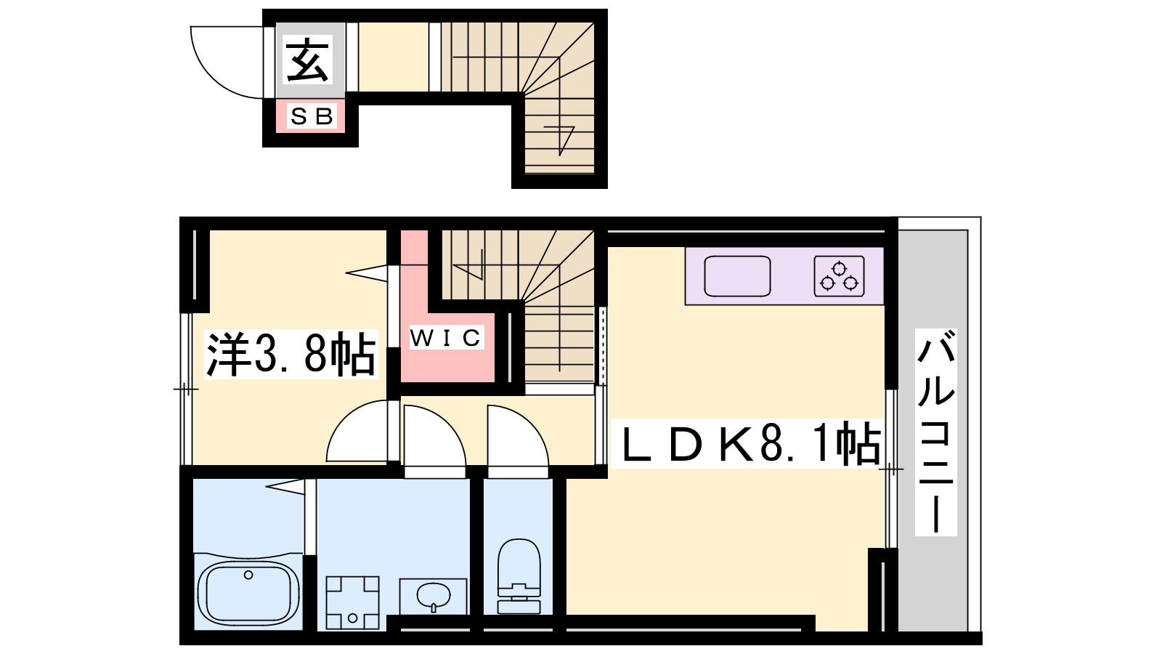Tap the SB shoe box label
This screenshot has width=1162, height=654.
(x=312, y=116)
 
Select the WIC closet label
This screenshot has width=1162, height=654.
(x=446, y=338)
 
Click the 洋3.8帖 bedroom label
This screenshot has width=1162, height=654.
(x=290, y=354)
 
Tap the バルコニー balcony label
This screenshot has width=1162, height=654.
(x=936, y=432)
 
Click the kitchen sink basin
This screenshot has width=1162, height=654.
(x=737, y=276)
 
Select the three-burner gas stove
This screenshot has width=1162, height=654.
(x=839, y=276)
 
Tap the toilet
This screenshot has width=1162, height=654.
(x=519, y=576)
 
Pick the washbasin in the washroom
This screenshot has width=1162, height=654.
(x=433, y=596)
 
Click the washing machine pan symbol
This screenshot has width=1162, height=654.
(x=352, y=602)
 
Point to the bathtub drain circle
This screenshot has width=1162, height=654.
(x=248, y=575)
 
